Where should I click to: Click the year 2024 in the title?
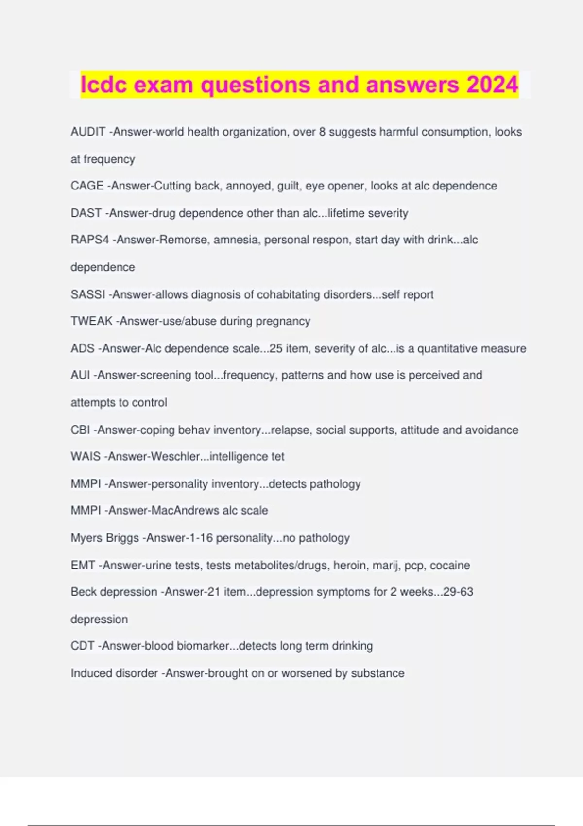tap(492, 85)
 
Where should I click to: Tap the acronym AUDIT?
tap(88, 132)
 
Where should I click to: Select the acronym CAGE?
tap(87, 186)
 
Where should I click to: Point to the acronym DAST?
tap(86, 213)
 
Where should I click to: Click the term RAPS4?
tap(90, 240)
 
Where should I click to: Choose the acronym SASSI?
tap(87, 294)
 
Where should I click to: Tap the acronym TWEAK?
tap(91, 321)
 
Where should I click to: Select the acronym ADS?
tap(83, 348)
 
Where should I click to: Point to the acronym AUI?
tap(80, 375)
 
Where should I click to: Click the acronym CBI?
tap(80, 430)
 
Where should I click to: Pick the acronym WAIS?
tap(86, 456)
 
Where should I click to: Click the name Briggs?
tap(122, 538)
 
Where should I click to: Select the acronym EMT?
tap(83, 565)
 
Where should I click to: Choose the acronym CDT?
tap(82, 646)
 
